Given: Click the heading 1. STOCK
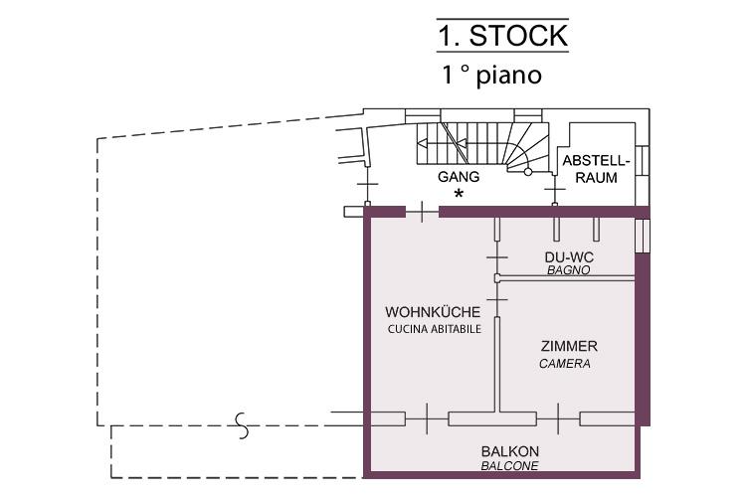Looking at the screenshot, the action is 503,36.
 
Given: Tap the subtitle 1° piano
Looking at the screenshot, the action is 492,76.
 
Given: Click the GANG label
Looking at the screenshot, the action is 459,177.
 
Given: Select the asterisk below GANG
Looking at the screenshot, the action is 459,194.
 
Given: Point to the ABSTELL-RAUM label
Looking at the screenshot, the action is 596,169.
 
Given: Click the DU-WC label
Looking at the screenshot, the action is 569,257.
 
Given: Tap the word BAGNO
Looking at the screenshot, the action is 569,270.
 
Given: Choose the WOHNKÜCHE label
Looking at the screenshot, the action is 433,312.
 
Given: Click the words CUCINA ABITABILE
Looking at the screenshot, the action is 435,329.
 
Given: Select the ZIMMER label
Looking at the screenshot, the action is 569,346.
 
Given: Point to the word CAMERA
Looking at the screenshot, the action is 565,364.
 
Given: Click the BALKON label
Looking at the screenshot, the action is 510,451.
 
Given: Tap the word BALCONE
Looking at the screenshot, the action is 509,465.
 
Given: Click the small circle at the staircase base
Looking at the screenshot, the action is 527,172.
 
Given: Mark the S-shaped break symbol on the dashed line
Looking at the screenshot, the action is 243,425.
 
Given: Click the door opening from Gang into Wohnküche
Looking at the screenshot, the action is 422,212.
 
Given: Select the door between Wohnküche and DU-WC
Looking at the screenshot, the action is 496,257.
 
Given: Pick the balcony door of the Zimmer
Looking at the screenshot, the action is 558,418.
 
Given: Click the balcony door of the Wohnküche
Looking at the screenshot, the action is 427,418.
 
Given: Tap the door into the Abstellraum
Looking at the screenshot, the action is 555,190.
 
